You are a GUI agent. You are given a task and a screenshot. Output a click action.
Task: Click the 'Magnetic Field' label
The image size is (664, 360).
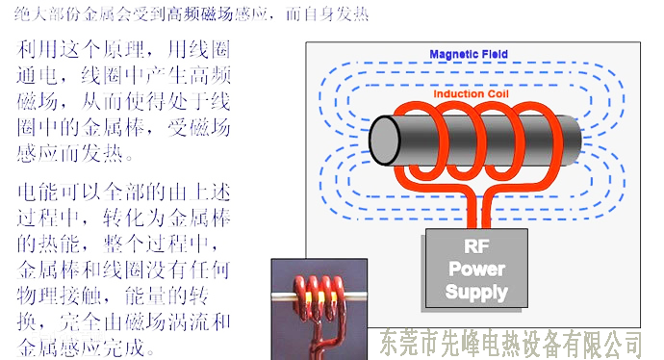click(x=469, y=55)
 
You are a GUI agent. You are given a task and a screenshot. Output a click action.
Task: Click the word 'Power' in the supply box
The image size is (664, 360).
click(x=477, y=269)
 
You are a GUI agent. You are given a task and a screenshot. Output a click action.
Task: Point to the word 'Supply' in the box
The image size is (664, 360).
click(x=477, y=292)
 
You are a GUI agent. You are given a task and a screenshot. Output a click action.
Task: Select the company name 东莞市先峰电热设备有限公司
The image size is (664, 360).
click(x=511, y=342)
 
